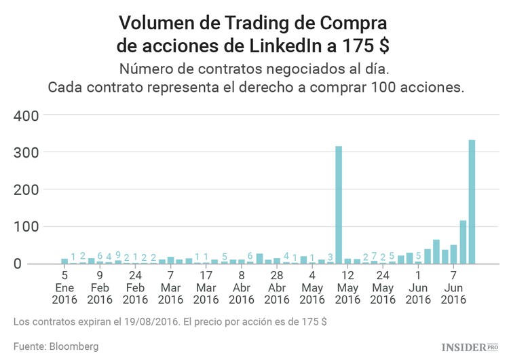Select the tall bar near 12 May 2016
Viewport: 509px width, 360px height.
(339, 204)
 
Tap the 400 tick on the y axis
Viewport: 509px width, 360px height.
(27, 115)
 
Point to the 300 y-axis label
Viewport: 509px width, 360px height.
(27, 153)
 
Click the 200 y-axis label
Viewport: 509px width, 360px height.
(27, 190)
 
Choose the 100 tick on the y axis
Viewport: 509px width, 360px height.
(27, 227)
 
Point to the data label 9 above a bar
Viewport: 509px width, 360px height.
(117, 256)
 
